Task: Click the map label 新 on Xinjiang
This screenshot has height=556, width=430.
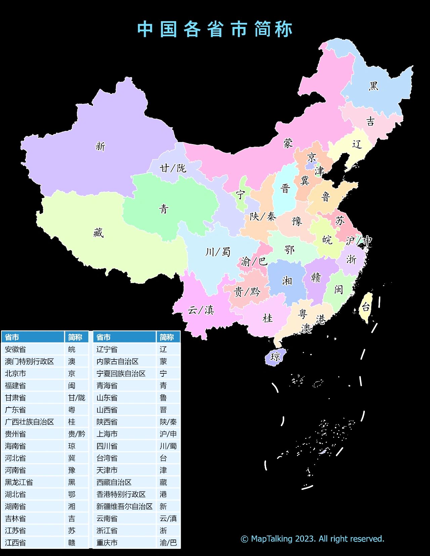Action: (100, 146)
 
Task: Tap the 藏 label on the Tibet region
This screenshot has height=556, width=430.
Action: (98, 232)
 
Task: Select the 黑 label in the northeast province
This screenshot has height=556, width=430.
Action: (373, 86)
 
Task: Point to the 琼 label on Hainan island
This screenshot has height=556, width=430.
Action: (275, 357)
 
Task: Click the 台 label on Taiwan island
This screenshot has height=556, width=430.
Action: (365, 307)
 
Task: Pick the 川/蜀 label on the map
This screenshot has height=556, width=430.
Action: (218, 252)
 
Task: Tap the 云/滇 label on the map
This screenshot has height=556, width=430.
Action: (201, 310)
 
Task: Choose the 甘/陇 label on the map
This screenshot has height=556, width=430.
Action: (173, 168)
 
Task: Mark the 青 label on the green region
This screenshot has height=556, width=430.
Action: (164, 209)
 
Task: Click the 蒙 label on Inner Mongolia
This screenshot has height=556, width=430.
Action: (288, 143)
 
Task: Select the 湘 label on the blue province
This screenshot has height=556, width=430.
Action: (287, 280)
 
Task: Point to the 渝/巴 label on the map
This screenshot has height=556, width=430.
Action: (254, 261)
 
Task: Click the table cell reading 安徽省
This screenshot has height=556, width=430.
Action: (15, 350)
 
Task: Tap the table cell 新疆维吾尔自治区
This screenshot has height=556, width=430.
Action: (124, 507)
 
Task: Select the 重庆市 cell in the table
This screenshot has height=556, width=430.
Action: (107, 543)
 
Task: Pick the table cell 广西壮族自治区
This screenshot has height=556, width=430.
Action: (29, 422)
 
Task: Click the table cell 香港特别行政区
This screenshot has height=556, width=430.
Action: (121, 495)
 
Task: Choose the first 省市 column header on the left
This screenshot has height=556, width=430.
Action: (12, 337)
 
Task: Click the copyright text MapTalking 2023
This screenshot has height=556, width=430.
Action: (312, 539)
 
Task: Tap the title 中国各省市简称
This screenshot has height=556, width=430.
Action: (215, 29)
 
